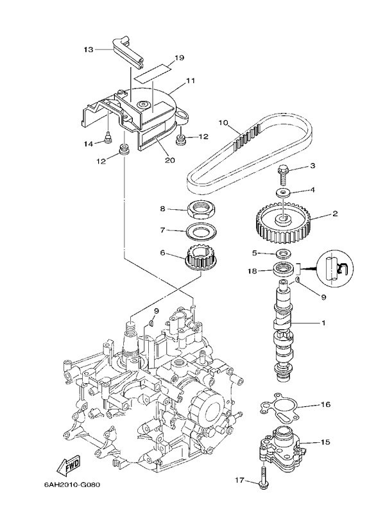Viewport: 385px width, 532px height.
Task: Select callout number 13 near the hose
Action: coord(89,49)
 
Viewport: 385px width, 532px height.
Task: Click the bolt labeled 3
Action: coord(284,170)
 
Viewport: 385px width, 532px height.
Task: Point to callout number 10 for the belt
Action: coord(223,122)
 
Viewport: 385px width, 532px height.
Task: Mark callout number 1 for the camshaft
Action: coord(323,323)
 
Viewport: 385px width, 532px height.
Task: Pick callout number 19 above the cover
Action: coord(179,58)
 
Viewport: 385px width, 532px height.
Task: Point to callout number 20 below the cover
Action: coord(170,160)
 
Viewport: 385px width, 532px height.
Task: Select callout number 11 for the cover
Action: coord(191,81)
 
